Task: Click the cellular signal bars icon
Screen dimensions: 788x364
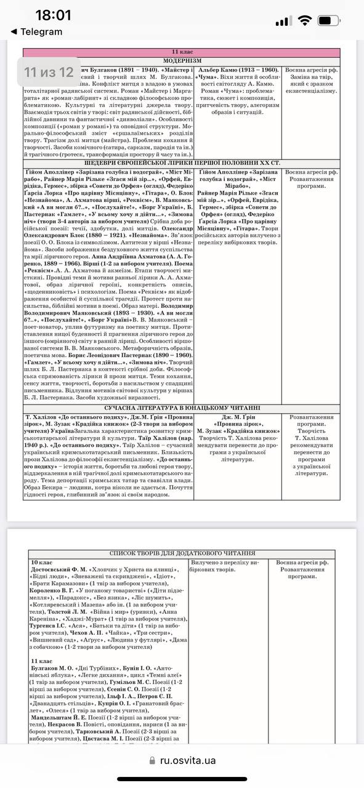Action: tap(283, 21)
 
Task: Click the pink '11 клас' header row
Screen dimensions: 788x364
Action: tap(182, 53)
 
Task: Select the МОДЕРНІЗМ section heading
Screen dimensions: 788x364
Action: tap(182, 62)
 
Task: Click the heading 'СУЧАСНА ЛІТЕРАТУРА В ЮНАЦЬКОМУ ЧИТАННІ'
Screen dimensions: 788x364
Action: tap(182, 408)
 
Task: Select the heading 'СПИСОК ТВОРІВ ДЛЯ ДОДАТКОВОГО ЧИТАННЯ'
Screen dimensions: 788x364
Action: tap(182, 554)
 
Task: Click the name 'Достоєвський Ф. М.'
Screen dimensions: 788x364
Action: tap(59, 571)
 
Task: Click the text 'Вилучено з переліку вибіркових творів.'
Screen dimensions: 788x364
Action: tap(225, 566)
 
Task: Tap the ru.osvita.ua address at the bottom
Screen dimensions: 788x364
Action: tap(188, 760)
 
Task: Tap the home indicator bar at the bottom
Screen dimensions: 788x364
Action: tap(182, 780)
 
